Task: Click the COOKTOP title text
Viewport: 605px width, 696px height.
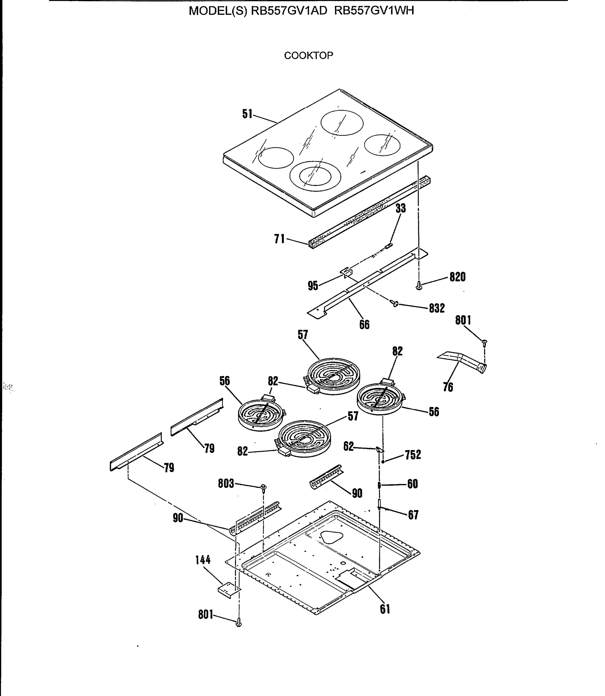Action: [x=308, y=55]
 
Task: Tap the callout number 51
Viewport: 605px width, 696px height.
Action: [x=247, y=114]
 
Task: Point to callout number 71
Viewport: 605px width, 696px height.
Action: [x=279, y=239]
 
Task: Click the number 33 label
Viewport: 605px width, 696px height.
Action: [x=400, y=208]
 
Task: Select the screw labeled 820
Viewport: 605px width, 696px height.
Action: [x=419, y=286]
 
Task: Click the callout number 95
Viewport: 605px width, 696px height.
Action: [x=313, y=286]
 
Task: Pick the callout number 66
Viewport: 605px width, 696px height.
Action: [x=364, y=325]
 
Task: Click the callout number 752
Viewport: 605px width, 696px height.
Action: [x=413, y=455]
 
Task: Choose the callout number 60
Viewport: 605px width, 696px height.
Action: [x=413, y=484]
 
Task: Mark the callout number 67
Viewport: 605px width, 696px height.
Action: [x=413, y=515]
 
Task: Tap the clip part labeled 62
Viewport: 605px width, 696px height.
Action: [x=379, y=449]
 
